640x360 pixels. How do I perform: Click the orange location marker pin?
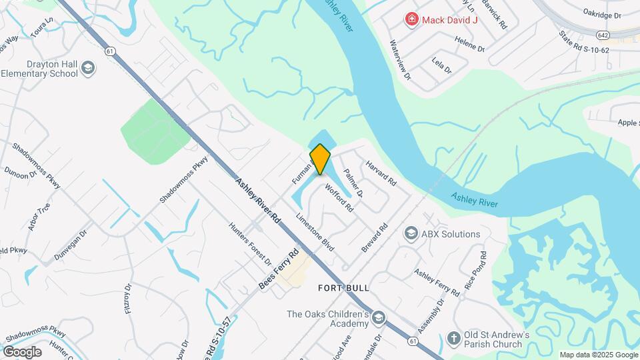pos(320,159)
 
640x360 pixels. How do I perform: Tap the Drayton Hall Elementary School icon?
pos(88,67)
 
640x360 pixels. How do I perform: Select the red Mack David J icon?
pos(412,19)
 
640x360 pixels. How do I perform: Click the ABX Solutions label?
pos(451,234)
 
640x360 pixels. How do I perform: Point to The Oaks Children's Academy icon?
pos(379,317)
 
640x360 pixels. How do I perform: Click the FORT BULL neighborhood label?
pos(343,287)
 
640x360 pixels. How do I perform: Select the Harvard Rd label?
pos(381,172)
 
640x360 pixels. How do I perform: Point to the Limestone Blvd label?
pos(315,231)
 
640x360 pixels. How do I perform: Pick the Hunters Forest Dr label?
pos(250,243)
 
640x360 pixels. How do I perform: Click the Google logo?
pos(22,351)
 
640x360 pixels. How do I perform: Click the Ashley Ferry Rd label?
pos(437,282)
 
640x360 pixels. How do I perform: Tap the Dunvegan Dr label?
pos(71,245)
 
